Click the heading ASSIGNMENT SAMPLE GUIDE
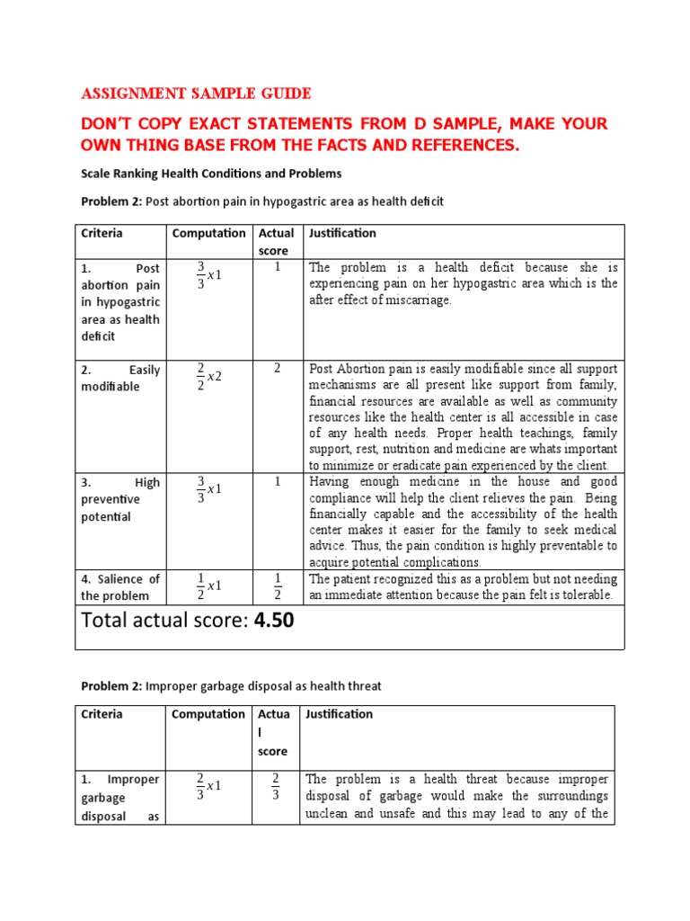[197, 94]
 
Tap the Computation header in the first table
[208, 233]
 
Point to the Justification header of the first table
[342, 233]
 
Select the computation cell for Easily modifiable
[208, 377]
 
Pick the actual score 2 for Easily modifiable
[278, 368]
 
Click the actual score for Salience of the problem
[278, 586]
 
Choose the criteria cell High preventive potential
[120, 499]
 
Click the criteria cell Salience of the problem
[120, 586]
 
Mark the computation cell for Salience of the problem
[208, 586]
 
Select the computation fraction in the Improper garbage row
[208, 786]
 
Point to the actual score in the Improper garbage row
[277, 786]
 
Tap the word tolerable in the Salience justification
[586, 595]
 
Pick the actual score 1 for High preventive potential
[278, 481]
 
